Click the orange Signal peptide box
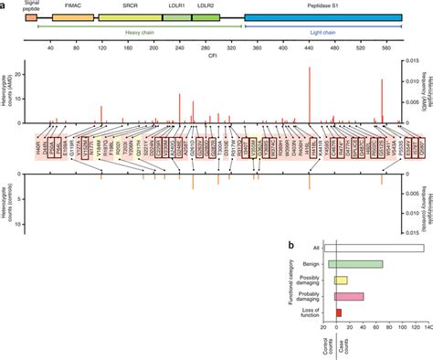31,17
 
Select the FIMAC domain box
71,17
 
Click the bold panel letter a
5,5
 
